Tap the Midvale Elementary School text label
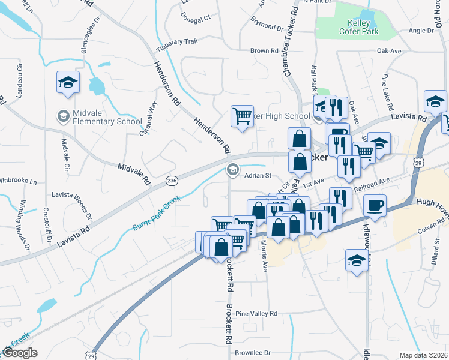(x=104, y=116)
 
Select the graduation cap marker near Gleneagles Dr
(x=68, y=83)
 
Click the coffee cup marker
(x=374, y=206)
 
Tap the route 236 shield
(x=172, y=180)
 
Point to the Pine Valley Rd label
(x=256, y=314)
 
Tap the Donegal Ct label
(x=195, y=18)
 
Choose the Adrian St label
(x=258, y=176)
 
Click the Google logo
(x=20, y=353)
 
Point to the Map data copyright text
(x=424, y=355)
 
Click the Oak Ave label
(x=389, y=52)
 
